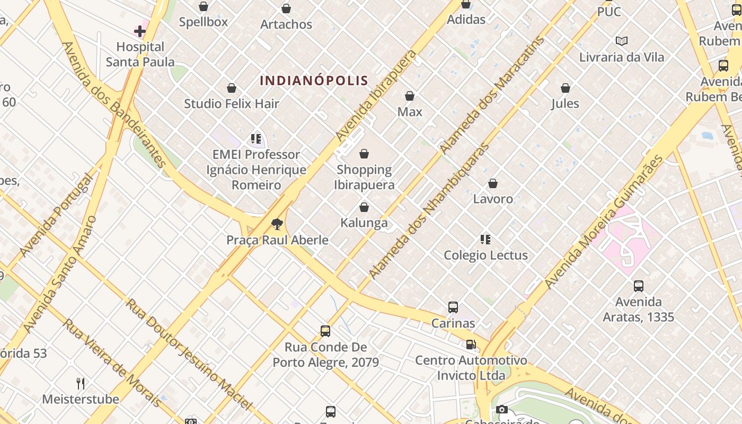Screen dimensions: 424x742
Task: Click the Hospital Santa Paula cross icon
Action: pos(140,31)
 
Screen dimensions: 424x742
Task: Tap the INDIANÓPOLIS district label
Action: pos(314,81)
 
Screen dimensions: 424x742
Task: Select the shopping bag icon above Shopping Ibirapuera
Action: pos(364,154)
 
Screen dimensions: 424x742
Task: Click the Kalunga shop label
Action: pos(364,223)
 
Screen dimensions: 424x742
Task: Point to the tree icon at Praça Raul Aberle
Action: pos(277,224)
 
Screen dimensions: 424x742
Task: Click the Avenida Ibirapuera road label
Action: pos(376,96)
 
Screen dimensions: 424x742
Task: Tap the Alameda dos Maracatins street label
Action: pos(492,95)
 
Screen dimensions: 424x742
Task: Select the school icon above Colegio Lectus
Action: pos(485,240)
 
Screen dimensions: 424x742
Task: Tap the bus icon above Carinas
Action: pos(453,307)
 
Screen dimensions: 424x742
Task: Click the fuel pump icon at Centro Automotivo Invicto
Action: pos(471,344)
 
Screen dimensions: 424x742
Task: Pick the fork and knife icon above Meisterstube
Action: pos(81,383)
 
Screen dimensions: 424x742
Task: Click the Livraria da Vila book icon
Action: pos(622,41)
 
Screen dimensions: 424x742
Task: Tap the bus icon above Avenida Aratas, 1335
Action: pos(639,286)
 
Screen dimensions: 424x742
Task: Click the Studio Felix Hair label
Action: pos(232,103)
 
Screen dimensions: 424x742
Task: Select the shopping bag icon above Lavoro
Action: pos(493,183)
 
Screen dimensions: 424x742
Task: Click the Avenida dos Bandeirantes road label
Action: pos(114,104)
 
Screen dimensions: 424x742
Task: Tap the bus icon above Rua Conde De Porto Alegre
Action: pos(325,331)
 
